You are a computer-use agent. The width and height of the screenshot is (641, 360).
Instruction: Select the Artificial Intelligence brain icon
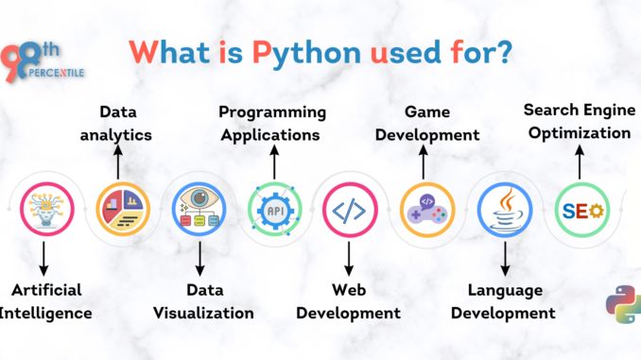[x=46, y=208]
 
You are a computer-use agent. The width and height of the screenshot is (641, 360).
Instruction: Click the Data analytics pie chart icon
[x=122, y=208]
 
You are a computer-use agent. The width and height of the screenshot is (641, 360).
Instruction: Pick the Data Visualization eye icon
[x=199, y=208]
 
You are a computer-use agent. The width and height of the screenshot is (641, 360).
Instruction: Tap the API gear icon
[x=274, y=208]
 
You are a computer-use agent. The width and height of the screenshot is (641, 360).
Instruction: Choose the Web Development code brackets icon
[x=349, y=208]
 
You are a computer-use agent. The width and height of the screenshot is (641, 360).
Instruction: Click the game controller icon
[x=425, y=208]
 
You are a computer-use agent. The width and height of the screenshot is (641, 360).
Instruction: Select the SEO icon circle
[x=578, y=208]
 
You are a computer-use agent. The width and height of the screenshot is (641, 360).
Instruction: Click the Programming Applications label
[x=273, y=123]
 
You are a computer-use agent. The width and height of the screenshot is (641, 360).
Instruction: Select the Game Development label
[x=427, y=123]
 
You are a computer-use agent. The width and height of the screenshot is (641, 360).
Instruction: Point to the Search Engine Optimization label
[x=578, y=121]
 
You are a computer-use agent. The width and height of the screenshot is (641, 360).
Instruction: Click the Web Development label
[x=349, y=300]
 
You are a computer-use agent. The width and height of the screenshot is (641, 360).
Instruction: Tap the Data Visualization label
[x=205, y=300]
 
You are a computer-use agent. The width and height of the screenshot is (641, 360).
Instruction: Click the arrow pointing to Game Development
[x=424, y=162]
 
